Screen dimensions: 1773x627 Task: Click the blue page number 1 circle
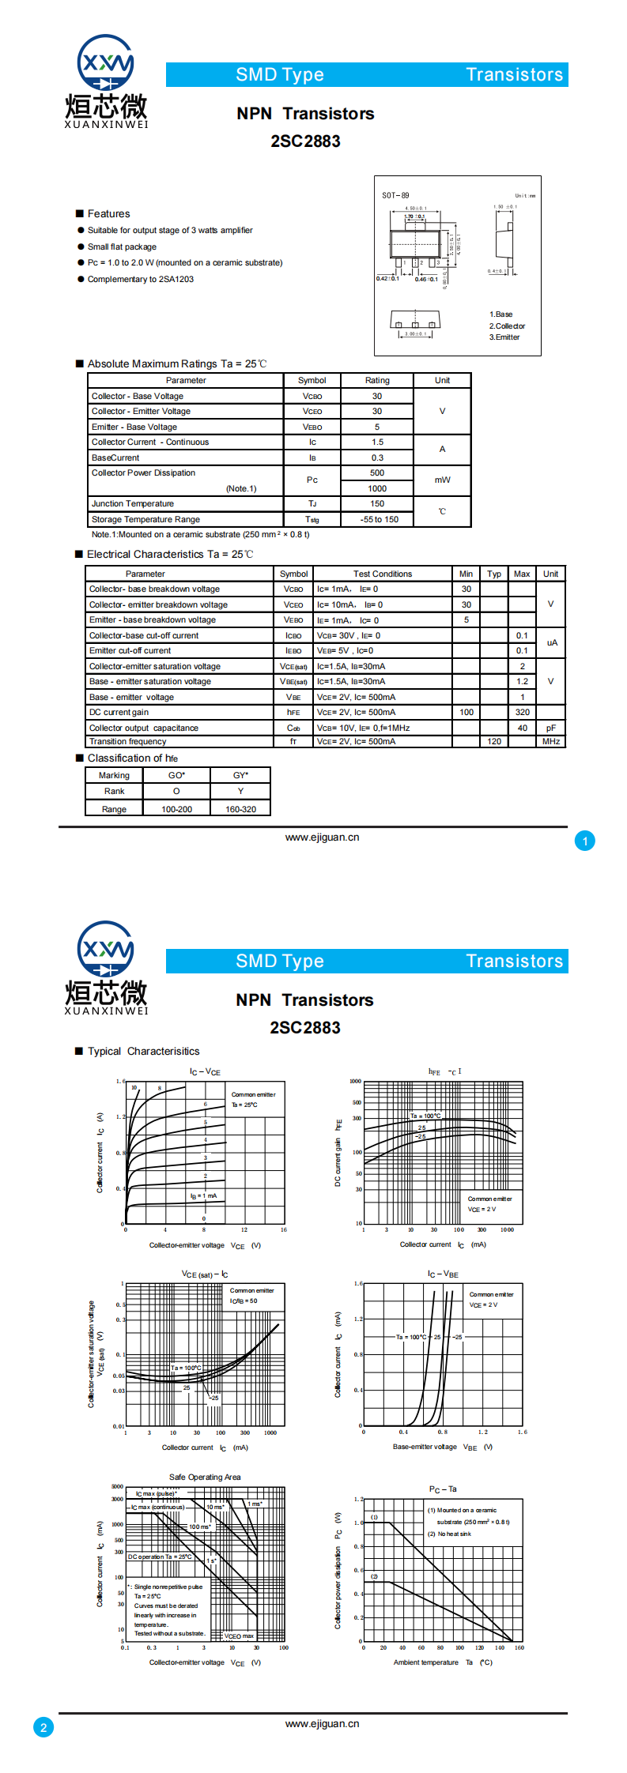585,841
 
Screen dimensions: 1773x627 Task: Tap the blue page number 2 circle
43,1727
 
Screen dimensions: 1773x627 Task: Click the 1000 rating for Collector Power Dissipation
377,488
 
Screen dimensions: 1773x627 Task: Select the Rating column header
377,380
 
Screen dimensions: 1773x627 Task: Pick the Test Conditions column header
383,574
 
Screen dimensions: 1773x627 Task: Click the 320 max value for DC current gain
522,712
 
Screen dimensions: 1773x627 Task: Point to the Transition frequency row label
128,742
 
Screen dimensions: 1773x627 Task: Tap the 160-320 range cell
240,809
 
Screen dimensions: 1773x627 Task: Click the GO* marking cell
176,775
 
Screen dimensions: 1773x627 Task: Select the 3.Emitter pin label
504,337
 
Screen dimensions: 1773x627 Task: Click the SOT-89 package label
395,195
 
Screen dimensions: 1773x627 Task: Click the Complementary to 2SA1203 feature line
141,279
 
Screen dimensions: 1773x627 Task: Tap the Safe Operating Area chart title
205,1477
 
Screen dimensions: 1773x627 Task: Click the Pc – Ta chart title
443,1489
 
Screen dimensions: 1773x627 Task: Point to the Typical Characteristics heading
143,1051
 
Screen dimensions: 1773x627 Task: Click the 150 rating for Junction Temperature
377,503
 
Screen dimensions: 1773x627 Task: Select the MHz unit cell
551,742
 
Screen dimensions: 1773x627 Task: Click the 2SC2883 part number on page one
305,141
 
